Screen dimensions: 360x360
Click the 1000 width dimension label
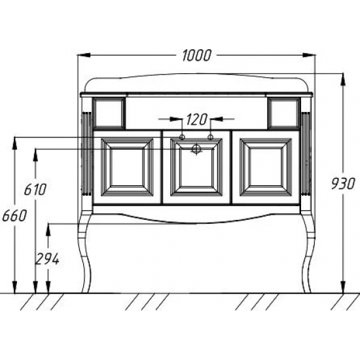point(196,56)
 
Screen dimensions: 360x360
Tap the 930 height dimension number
point(343,184)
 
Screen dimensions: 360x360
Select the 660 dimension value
point(14,215)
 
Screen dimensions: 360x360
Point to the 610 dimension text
point(35,189)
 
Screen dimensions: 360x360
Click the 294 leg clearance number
point(47,259)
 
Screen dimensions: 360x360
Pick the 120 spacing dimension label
point(196,119)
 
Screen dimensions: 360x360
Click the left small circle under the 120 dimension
point(182,137)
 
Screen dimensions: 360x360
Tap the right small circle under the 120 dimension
point(210,137)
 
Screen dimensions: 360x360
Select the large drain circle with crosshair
point(196,149)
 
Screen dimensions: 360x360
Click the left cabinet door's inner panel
point(127,167)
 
